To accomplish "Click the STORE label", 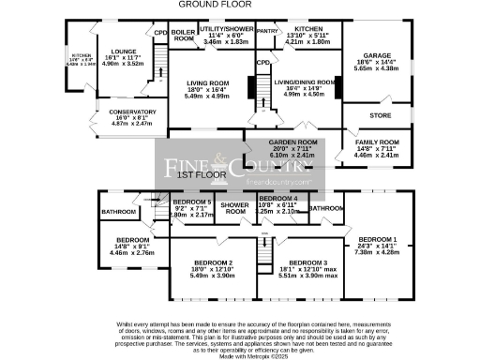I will [x=380, y=115].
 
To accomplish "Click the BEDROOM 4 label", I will [x=278, y=199].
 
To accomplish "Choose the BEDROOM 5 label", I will [x=191, y=202].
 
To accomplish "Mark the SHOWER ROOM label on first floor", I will [x=234, y=208].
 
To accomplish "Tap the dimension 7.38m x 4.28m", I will [x=376, y=252].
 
